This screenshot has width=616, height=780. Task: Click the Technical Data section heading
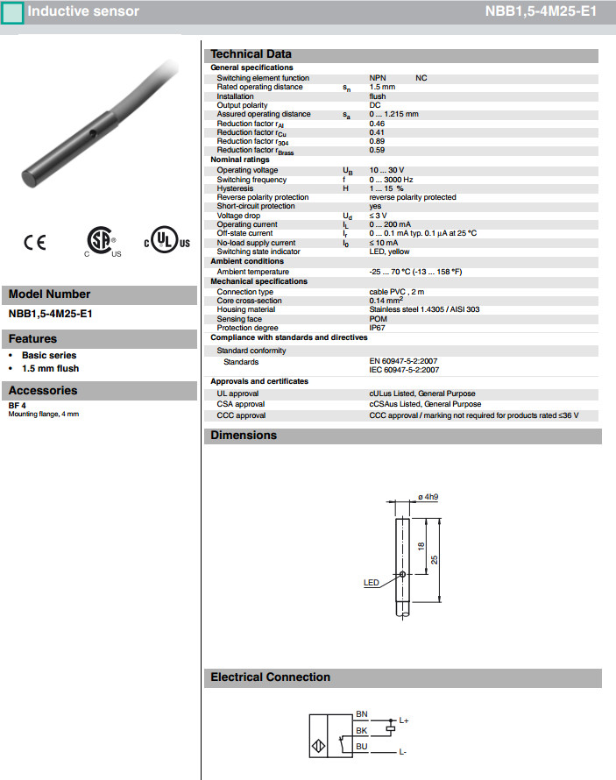(251, 54)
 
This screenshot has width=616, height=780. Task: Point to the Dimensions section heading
(244, 436)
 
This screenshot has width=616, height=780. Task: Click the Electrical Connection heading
(271, 677)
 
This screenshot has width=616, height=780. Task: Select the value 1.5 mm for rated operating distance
(382, 87)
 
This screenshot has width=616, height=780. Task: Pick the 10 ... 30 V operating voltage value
(386, 170)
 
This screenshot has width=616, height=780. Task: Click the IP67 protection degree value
(377, 328)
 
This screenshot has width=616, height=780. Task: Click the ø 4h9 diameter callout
(428, 497)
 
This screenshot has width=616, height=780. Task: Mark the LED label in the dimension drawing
(371, 582)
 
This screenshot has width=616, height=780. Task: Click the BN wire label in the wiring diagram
(362, 715)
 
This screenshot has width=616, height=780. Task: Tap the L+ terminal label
(404, 720)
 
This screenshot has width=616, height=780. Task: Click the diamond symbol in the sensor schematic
(316, 747)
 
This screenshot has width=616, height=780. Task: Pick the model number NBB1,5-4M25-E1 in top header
(541, 12)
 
